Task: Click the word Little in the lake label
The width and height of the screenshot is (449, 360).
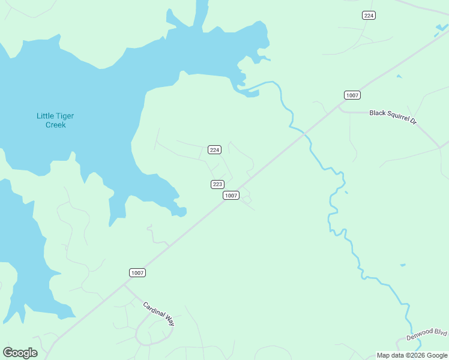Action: [45, 116]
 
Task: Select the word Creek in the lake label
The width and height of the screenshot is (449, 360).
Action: [56, 125]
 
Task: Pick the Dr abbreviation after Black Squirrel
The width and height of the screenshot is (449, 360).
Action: [413, 120]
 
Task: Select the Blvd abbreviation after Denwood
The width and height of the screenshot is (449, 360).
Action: [441, 331]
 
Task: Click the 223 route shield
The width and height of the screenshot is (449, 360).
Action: [218, 184]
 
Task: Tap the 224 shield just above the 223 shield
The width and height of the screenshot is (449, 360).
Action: [214, 149]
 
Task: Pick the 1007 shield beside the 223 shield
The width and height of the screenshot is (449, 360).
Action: [231, 196]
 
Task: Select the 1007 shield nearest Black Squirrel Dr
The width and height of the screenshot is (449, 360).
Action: [352, 95]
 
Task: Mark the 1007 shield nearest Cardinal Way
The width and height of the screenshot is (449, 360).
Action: [137, 273]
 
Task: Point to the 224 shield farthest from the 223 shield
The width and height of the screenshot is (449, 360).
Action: [369, 15]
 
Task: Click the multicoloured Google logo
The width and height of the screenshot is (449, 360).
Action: [20, 353]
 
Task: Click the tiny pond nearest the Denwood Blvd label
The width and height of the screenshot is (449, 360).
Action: [402, 265]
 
